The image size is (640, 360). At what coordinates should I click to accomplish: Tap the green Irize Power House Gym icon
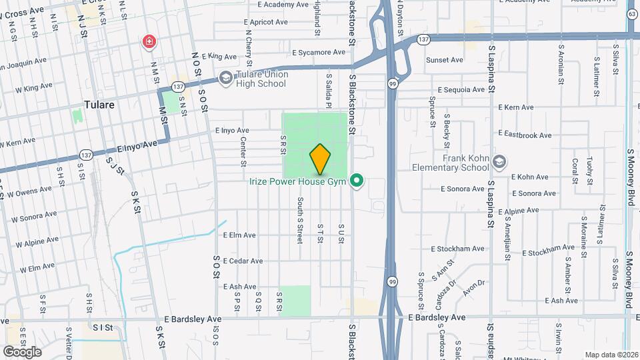click(357, 181)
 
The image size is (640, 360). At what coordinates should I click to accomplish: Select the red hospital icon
click(148, 43)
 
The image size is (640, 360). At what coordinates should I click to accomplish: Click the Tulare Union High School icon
click(226, 79)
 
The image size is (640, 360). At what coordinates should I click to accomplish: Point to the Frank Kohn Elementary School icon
click(499, 162)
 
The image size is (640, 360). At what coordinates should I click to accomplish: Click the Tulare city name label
click(100, 105)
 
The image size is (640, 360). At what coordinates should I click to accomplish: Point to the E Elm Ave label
click(239, 235)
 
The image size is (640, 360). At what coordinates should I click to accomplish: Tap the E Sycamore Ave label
click(321, 52)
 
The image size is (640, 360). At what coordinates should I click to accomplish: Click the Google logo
click(22, 351)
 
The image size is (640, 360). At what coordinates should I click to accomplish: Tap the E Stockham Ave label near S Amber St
click(548, 253)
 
